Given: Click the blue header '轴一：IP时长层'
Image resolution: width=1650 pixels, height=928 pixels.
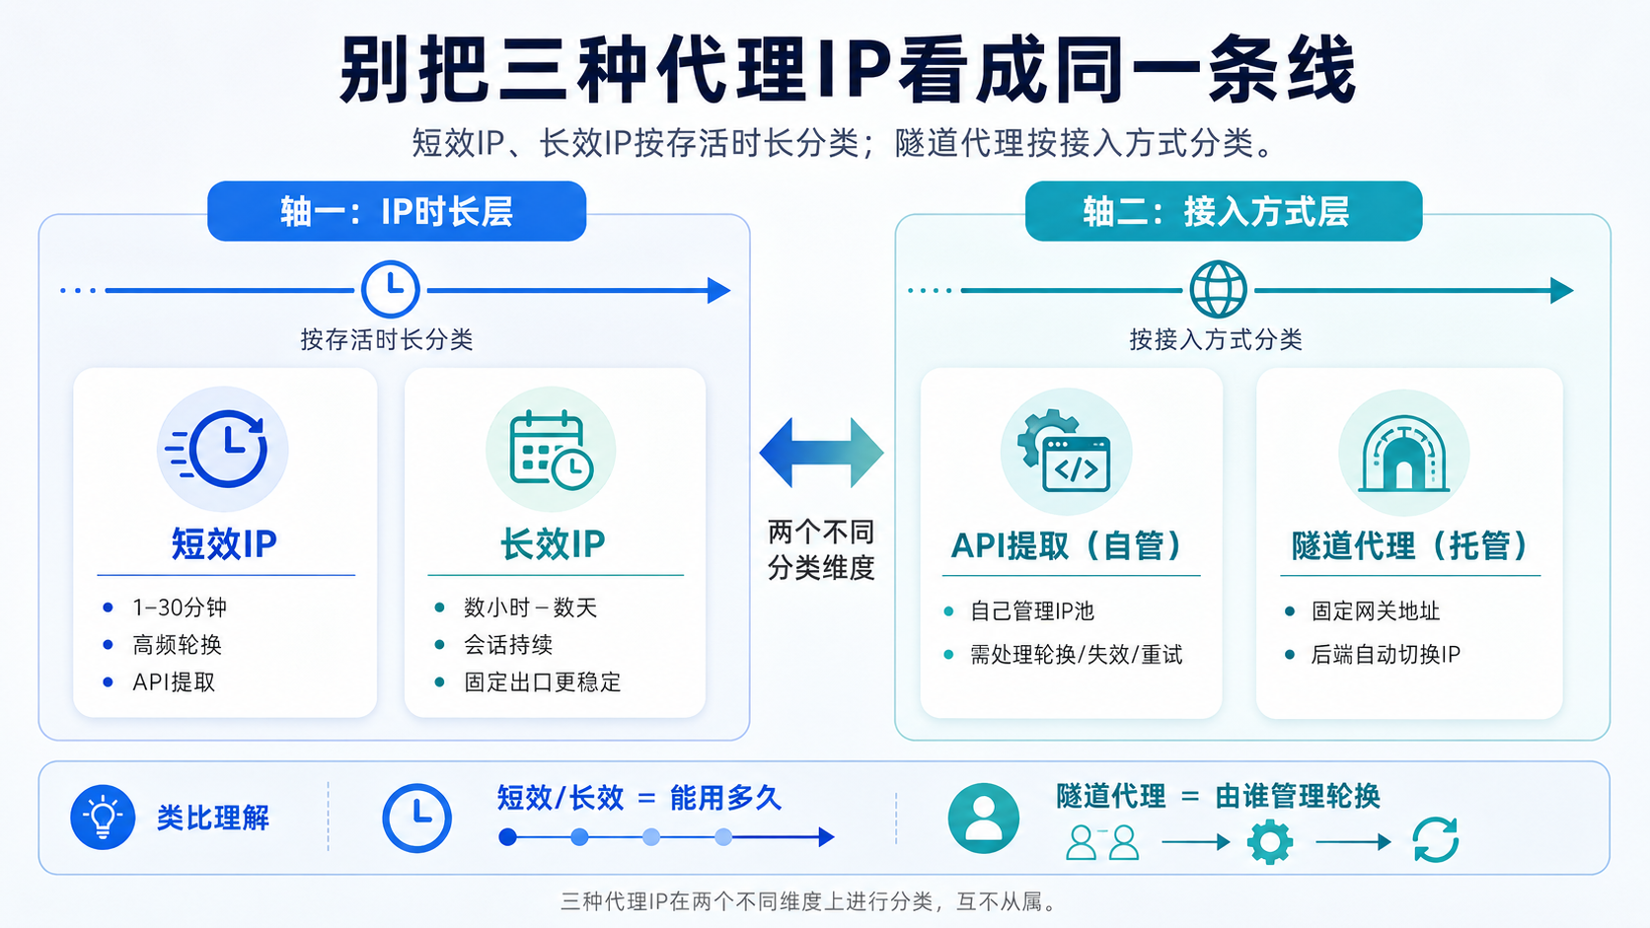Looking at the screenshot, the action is [397, 211].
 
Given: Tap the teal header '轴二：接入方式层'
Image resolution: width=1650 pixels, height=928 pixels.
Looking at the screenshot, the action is [1224, 211].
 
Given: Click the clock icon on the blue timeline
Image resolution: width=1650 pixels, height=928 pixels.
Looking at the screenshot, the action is [391, 289].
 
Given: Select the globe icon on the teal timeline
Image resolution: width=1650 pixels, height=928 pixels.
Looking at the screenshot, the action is [1219, 289].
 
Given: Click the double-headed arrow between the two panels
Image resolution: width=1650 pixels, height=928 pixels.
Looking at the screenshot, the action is [821, 453].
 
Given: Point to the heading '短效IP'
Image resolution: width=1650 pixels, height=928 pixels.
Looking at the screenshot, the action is [224, 544].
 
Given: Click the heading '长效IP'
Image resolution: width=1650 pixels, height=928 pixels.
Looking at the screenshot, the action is [553, 544].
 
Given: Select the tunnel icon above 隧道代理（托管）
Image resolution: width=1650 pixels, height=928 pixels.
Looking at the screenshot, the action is [1404, 454].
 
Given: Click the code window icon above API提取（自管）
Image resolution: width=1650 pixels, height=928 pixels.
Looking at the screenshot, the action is [1065, 451].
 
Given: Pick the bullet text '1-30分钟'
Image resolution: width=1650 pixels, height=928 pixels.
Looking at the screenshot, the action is [180, 607].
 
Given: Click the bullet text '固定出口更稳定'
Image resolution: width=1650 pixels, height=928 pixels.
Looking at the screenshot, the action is [542, 682].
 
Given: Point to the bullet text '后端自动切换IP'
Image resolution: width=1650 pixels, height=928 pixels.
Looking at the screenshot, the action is [1385, 654].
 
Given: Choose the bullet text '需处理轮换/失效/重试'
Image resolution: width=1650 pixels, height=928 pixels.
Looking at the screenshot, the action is [1077, 654].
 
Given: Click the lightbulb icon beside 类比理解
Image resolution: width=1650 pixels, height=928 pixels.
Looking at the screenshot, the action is [103, 818].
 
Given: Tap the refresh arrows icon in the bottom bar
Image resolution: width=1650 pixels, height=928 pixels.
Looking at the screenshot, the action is [1435, 839].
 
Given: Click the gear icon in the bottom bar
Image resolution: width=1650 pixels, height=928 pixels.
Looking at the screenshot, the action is [1270, 842].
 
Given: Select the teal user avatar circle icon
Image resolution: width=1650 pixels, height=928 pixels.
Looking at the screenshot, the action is [983, 818].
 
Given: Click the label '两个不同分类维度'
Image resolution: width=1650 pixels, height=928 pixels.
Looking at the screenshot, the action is [821, 549].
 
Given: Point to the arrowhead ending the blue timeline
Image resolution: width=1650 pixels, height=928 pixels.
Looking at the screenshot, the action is [719, 290].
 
